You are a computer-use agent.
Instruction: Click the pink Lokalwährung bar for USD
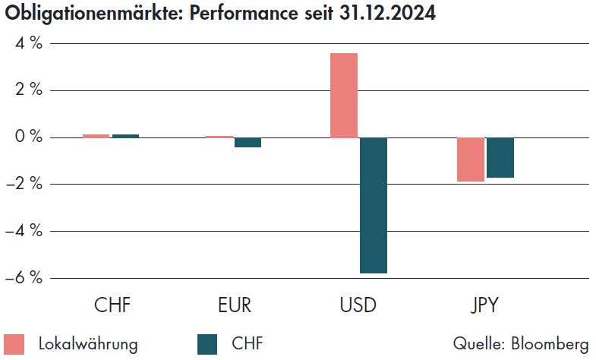click(343, 96)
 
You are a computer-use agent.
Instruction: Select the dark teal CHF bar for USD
click(373, 205)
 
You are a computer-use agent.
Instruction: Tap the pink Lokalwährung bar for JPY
click(470, 159)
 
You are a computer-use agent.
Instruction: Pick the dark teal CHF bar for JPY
click(500, 157)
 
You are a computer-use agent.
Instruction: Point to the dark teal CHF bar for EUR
click(248, 142)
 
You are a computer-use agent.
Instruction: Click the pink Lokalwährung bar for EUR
click(219, 137)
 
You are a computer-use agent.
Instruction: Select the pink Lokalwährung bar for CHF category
click(96, 136)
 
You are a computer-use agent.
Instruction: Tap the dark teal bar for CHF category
click(125, 136)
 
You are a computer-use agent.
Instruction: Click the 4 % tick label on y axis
click(26, 43)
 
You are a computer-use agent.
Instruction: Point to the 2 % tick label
click(26, 90)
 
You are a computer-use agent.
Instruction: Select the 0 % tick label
click(26, 137)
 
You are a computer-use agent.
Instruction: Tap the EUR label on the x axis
click(234, 307)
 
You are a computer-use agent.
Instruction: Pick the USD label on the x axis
click(358, 307)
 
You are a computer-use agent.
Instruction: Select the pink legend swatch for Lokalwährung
click(14, 343)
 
